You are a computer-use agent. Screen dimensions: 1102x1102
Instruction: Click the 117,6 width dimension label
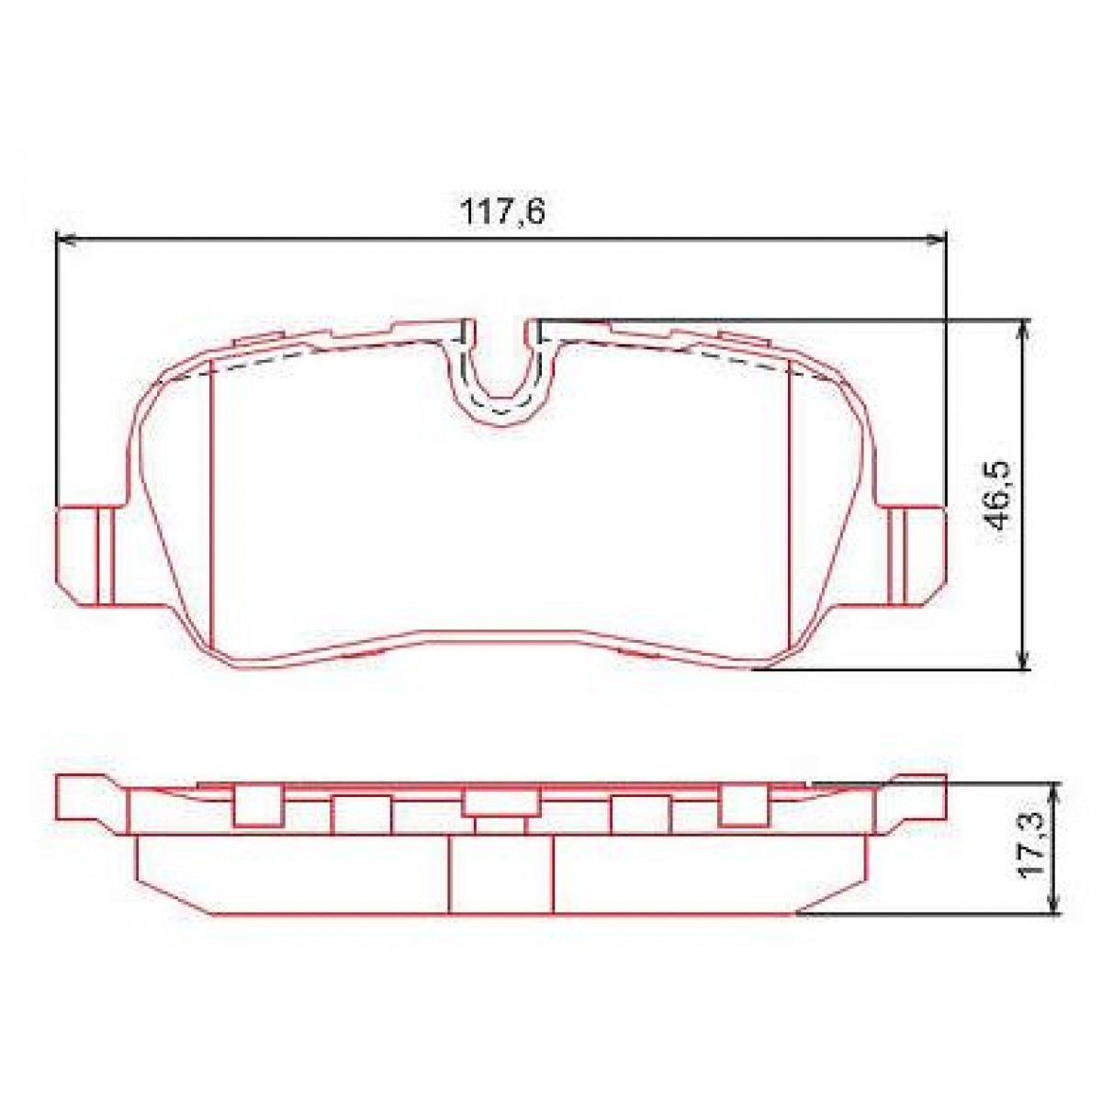point(502,212)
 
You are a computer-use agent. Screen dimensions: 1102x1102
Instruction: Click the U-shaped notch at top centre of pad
point(500,372)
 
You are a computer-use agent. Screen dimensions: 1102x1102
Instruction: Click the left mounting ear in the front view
point(87,556)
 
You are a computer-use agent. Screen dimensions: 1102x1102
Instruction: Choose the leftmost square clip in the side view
point(257,805)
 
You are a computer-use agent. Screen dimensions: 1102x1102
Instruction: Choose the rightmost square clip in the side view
point(743,805)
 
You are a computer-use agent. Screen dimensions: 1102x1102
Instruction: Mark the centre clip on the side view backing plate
point(500,802)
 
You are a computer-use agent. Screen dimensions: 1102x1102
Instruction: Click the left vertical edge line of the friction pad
point(212,505)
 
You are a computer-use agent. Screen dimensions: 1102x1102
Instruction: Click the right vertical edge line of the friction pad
point(790,505)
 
